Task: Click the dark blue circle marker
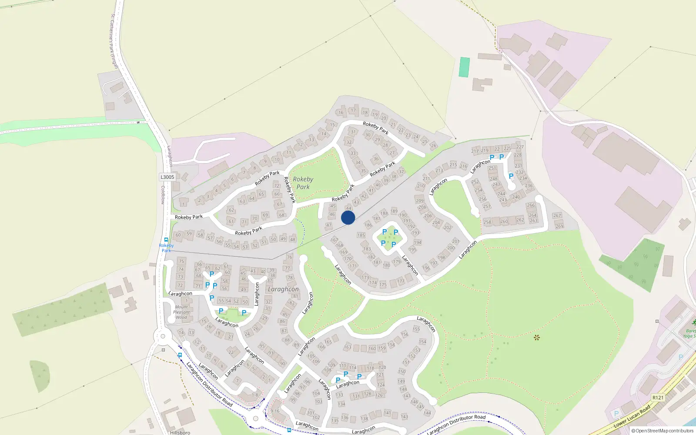[x=348, y=217]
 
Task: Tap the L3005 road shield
[x=167, y=177]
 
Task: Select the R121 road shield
[x=658, y=397]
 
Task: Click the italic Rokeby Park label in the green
[x=303, y=183]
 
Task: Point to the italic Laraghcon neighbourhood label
[x=283, y=289]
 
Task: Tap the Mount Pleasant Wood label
[x=181, y=312]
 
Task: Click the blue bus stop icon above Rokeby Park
[x=166, y=240]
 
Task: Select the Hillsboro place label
[x=180, y=432]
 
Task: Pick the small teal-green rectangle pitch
[x=465, y=67]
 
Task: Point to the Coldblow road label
[x=163, y=195]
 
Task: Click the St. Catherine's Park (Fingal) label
[x=114, y=41]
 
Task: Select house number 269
[x=559, y=226]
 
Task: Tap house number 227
[x=520, y=147]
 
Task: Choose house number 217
[x=475, y=151]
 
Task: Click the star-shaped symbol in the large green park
[x=536, y=337]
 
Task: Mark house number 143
[x=405, y=416]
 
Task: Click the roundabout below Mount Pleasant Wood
[x=163, y=336]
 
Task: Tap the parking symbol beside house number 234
[x=511, y=176]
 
